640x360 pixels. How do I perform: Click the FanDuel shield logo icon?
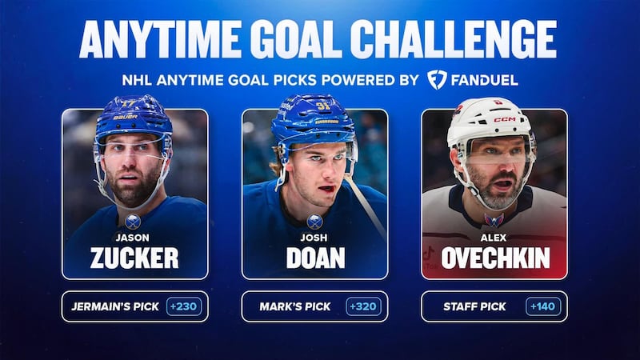coord(437,80)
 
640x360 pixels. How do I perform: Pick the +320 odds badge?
coord(364,306)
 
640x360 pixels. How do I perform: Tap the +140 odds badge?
coord(543,306)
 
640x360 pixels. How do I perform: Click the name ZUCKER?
coord(134,258)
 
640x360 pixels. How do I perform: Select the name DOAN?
coord(314,258)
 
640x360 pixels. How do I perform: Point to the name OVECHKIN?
coord(494,258)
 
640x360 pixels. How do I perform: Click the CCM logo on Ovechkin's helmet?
coord(504,119)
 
